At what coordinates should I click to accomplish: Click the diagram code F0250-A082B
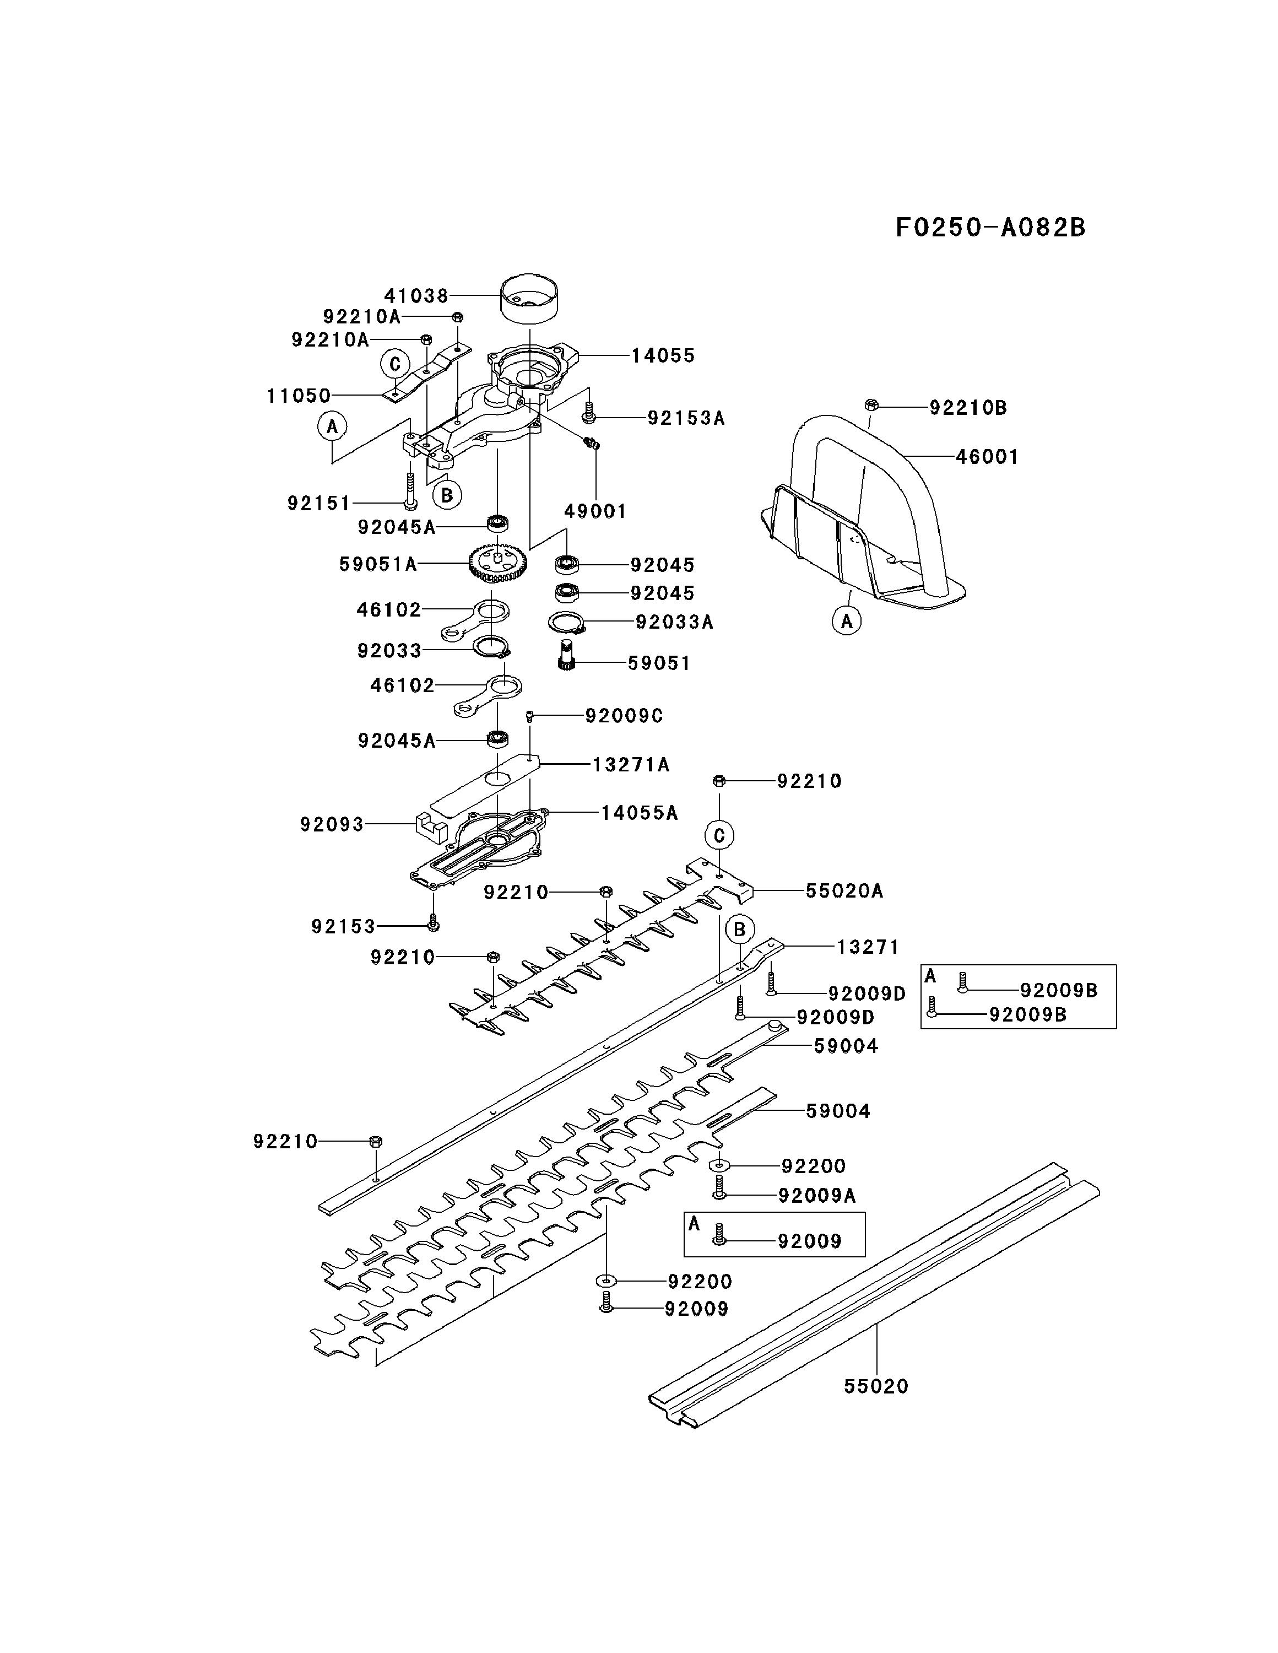point(990,227)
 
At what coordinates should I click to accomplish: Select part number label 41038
point(416,295)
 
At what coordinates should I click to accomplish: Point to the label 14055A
point(640,813)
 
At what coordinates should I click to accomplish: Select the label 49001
point(595,512)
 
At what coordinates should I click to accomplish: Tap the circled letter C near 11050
point(395,364)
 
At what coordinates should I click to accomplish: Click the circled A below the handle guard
point(847,622)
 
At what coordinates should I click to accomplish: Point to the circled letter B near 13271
point(740,930)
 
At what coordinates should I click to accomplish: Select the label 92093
point(332,824)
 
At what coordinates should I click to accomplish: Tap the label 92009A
point(817,1195)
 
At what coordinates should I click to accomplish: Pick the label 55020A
point(844,891)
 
